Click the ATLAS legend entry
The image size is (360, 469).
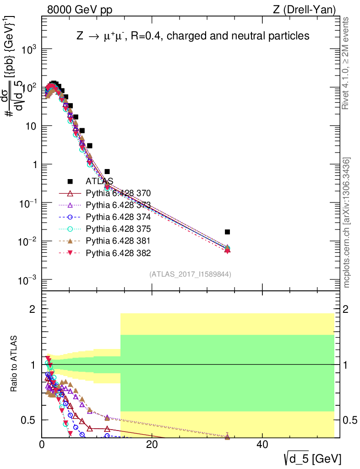pos(99,181)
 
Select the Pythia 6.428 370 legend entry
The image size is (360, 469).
pos(118,193)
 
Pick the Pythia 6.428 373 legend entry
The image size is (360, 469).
pos(118,205)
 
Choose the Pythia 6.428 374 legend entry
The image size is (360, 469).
pos(118,217)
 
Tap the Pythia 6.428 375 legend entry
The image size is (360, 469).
pos(118,229)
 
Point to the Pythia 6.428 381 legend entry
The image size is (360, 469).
pos(118,240)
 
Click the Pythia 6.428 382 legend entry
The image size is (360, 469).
pos(118,252)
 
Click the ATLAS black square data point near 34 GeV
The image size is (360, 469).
pos(228,232)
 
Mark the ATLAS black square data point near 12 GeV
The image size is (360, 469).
pos(107,171)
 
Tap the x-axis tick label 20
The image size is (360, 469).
pos(152,445)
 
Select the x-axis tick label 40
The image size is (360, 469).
pos(262,445)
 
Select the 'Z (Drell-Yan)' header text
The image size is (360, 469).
pos(310,9)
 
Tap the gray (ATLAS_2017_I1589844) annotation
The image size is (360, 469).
pos(190,274)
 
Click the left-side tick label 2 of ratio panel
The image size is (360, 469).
pos(33,309)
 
